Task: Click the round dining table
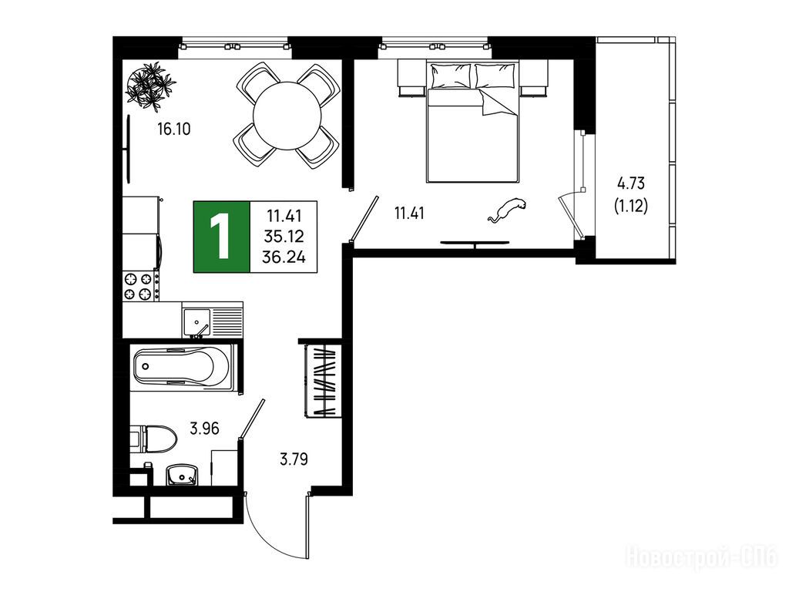pyautogui.click(x=287, y=116)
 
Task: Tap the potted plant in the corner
pyautogui.click(x=150, y=86)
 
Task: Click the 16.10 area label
pyautogui.click(x=173, y=129)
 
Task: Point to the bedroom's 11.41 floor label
pyautogui.click(x=409, y=214)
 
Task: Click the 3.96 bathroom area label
pyautogui.click(x=204, y=429)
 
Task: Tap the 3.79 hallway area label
pyautogui.click(x=294, y=459)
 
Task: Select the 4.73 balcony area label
pyautogui.click(x=631, y=183)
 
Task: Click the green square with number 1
pyautogui.click(x=221, y=237)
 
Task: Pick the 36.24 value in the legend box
pyautogui.click(x=284, y=257)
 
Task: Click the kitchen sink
pyautogui.click(x=196, y=322)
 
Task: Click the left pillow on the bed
pyautogui.click(x=451, y=76)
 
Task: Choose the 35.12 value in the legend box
pyautogui.click(x=284, y=237)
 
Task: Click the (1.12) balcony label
pyautogui.click(x=631, y=205)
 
